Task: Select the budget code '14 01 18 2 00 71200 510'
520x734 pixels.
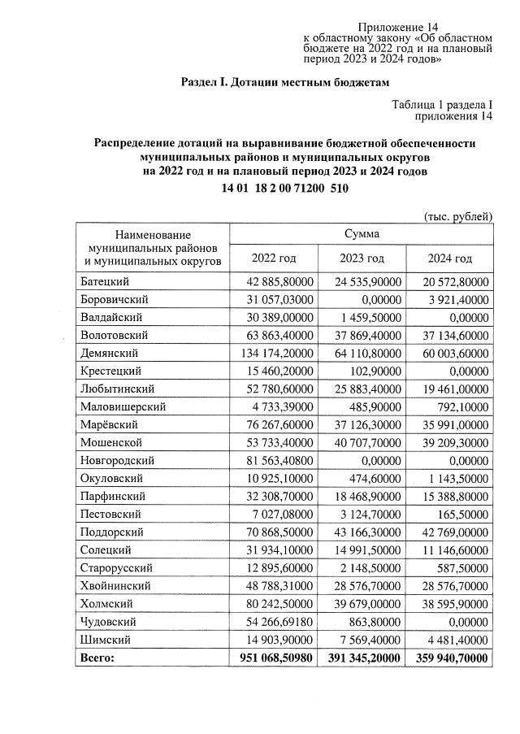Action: tap(284, 189)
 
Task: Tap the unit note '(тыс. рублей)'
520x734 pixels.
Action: tap(458, 215)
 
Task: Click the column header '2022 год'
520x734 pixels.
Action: tap(273, 258)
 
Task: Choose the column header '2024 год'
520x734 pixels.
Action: tap(449, 258)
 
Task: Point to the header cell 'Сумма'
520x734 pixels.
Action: tap(362, 233)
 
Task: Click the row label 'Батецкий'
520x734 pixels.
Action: tap(105, 281)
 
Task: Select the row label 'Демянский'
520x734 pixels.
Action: tap(110, 353)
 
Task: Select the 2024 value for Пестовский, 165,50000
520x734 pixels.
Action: tap(461, 514)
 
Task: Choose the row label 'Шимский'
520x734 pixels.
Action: tap(105, 639)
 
